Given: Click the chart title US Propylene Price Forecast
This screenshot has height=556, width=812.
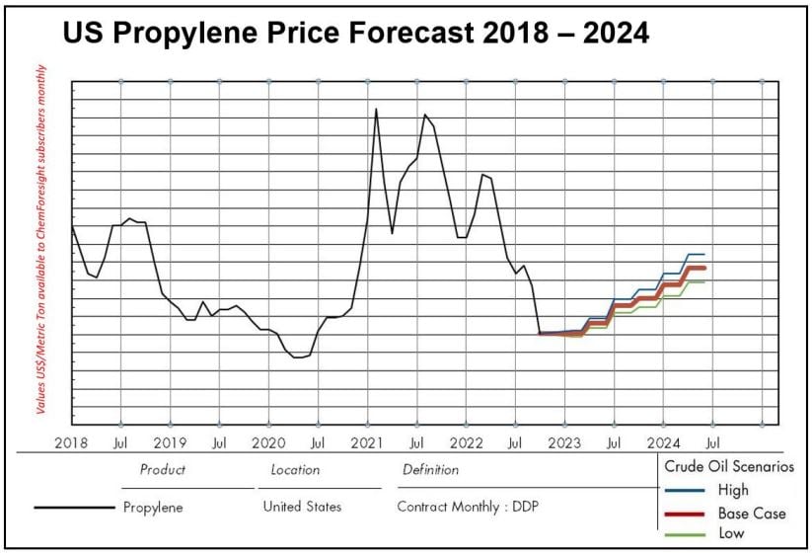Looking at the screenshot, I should [x=356, y=33].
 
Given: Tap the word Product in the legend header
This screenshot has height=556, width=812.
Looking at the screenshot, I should [x=163, y=470].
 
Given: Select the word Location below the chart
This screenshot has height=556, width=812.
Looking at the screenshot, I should [x=295, y=470].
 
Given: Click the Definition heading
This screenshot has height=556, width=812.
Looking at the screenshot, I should [x=430, y=470].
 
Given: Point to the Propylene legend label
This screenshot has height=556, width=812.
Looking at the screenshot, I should [x=153, y=508].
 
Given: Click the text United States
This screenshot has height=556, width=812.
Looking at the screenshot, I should [x=302, y=507].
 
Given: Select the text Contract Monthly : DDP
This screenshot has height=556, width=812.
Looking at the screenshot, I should [x=468, y=507].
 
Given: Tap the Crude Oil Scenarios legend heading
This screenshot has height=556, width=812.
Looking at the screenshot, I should [x=729, y=466].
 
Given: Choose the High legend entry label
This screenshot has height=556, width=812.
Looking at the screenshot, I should [x=733, y=490].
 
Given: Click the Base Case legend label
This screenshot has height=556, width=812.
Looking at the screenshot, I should [x=752, y=513].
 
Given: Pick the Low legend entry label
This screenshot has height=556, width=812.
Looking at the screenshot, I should [x=731, y=533].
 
